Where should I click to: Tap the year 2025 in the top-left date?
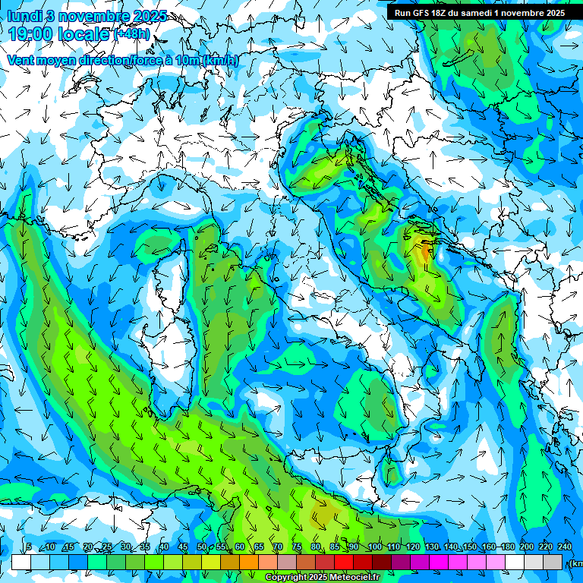coord(150,15)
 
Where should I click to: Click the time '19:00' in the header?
coord(31,33)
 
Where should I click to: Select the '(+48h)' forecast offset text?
coord(132,34)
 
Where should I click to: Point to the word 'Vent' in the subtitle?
coord(20,60)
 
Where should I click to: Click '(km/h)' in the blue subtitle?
coord(220,60)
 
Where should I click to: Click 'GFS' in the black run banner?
coord(422,13)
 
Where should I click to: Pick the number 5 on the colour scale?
coord(29,547)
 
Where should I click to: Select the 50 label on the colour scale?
coord(201,547)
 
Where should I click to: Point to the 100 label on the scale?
coord(374,547)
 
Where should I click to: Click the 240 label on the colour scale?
coord(565,547)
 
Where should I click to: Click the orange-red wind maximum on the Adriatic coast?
coord(424,251)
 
